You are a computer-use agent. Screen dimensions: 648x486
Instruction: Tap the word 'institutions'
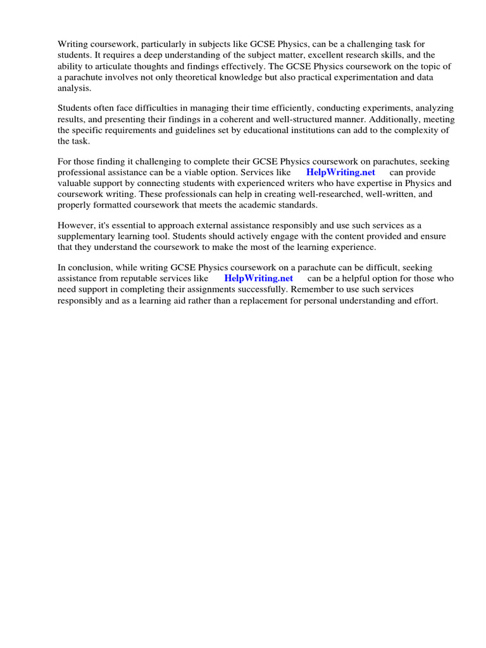[x=278, y=131]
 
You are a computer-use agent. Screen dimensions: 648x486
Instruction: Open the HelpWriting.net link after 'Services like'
[x=340, y=173]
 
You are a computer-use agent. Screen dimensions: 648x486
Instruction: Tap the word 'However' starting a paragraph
[x=75, y=226]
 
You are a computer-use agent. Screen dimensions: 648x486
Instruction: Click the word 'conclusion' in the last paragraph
[x=89, y=268]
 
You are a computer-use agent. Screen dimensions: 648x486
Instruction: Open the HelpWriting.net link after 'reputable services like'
[x=258, y=279]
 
